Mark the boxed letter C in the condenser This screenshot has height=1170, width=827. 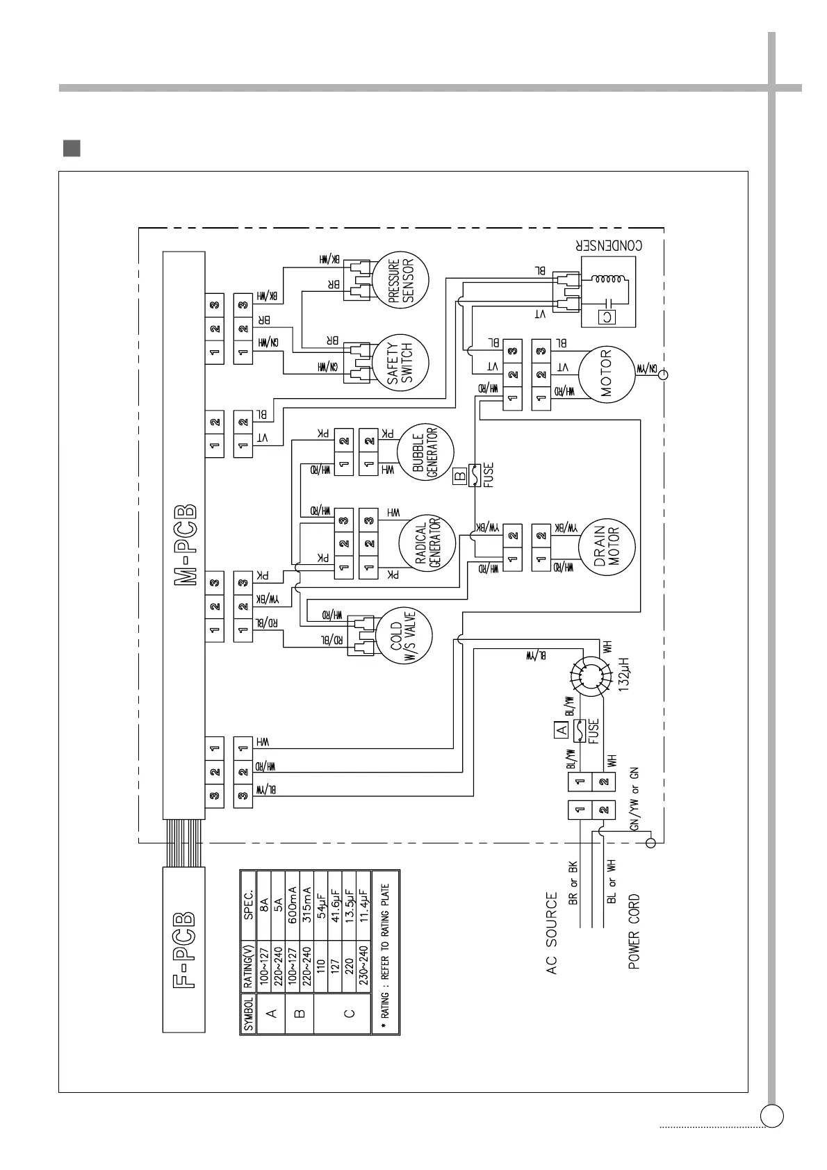[x=607, y=317]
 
